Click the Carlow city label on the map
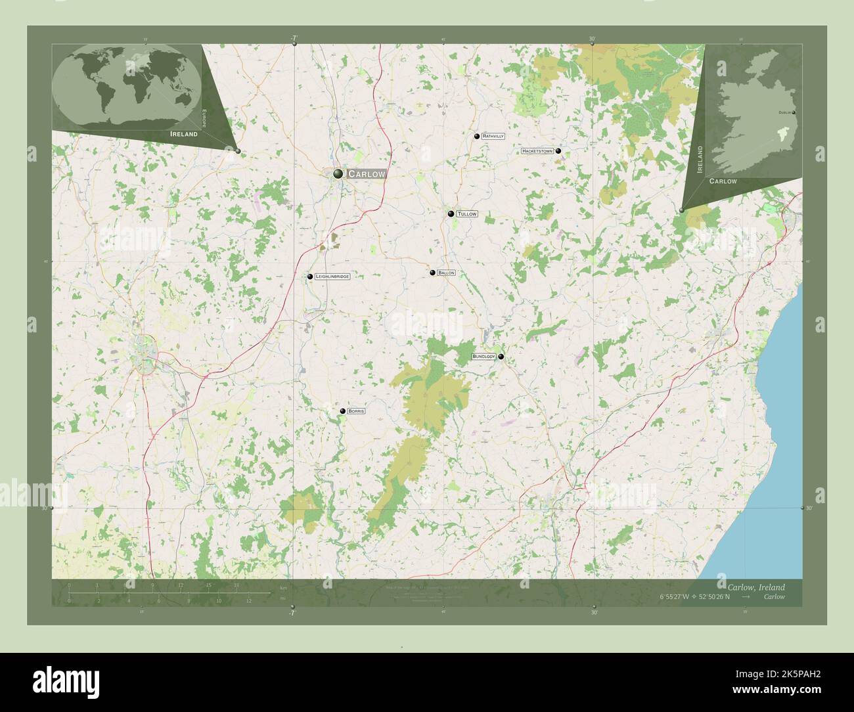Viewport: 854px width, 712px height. [366, 174]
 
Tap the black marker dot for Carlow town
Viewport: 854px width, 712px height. [338, 173]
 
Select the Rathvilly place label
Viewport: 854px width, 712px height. [493, 136]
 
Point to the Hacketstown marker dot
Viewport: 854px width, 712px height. [558, 151]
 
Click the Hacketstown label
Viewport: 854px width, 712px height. [537, 151]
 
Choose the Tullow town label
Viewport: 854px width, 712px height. [466, 214]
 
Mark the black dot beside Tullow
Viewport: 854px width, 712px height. [451, 213]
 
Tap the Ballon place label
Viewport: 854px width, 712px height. [446, 273]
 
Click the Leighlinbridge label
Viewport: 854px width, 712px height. [332, 277]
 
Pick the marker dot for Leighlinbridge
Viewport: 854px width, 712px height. [310, 277]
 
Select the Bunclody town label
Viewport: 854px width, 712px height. [483, 357]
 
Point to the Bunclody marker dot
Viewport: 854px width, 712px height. [501, 357]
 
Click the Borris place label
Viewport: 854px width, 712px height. [356, 411]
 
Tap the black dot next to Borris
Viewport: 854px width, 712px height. [343, 411]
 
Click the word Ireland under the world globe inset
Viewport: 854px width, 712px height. [183, 134]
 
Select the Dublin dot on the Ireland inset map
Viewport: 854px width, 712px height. [794, 113]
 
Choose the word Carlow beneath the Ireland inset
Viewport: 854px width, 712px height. [723, 181]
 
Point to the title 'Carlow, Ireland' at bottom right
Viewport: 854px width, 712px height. [755, 587]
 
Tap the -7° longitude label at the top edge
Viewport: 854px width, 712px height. [294, 38]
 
